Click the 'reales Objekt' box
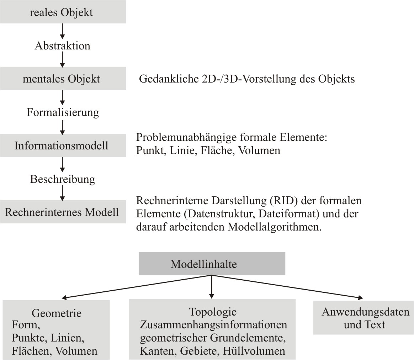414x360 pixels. click(x=63, y=12)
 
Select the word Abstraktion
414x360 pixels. click(x=62, y=46)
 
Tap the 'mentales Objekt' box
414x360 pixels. click(x=63, y=79)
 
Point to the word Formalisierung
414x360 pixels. click(x=63, y=112)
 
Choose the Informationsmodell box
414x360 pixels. click(x=63, y=145)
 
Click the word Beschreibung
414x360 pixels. click(x=63, y=179)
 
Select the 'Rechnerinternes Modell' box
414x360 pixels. click(x=63, y=212)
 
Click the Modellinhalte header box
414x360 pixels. click(x=212, y=264)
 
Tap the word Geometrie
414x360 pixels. click(x=57, y=313)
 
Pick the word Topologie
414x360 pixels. click(x=213, y=312)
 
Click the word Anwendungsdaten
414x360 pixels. click(x=365, y=312)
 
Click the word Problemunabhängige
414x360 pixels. click(x=186, y=138)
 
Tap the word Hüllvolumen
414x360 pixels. click(x=254, y=351)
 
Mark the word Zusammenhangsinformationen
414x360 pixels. click(x=213, y=325)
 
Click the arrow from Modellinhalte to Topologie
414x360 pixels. click(x=212, y=287)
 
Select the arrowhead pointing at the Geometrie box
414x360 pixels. click(x=65, y=298)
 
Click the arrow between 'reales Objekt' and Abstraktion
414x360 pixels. click(x=62, y=31)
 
